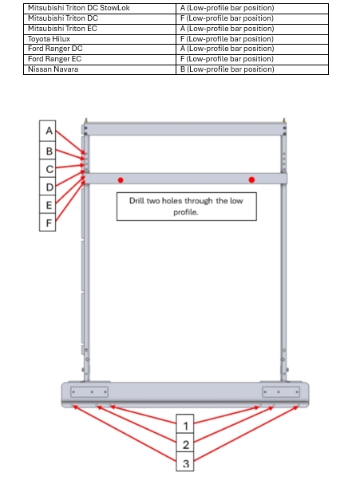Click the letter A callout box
tap(48, 131)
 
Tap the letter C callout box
tap(48, 169)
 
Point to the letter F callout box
tap(48, 222)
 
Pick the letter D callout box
tap(48, 187)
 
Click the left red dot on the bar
tap(121, 180)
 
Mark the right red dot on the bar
tap(252, 180)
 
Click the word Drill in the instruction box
tap(137, 201)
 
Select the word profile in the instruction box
tap(186, 212)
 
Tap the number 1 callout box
tap(185, 424)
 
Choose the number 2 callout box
tap(185, 443)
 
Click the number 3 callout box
tap(185, 462)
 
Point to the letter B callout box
tap(48, 151)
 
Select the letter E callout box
tap(48, 205)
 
